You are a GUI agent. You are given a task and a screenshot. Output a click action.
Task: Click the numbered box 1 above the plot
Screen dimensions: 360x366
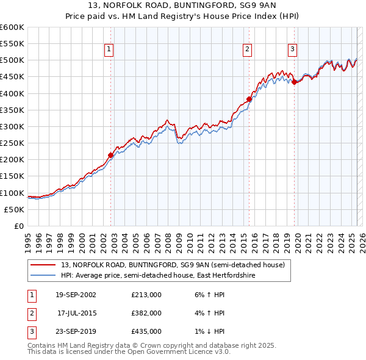pos(109,50)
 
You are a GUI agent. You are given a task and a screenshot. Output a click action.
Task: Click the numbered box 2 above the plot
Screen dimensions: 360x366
pos(248,50)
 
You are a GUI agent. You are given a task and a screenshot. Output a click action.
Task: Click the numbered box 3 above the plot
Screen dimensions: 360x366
pos(293,50)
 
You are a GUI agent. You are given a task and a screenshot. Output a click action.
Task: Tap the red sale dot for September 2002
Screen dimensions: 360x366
pos(111,155)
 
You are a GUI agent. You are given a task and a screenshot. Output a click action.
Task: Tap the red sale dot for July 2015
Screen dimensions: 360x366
pos(249,99)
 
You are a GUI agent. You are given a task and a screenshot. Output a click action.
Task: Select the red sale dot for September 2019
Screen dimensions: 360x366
pos(294,82)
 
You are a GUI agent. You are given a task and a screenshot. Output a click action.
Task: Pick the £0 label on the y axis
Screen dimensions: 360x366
pos(20,226)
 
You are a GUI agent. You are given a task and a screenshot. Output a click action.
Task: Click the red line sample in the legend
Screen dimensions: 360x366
pos(43,265)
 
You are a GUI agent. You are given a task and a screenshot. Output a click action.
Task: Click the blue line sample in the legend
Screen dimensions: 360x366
pos(43,275)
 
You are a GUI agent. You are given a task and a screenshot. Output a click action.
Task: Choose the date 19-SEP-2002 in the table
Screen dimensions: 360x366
pos(76,295)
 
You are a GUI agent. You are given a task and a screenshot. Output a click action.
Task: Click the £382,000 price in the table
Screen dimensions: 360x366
pos(146,313)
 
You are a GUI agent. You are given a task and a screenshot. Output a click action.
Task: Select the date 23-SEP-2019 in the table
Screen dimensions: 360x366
pos(76,331)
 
